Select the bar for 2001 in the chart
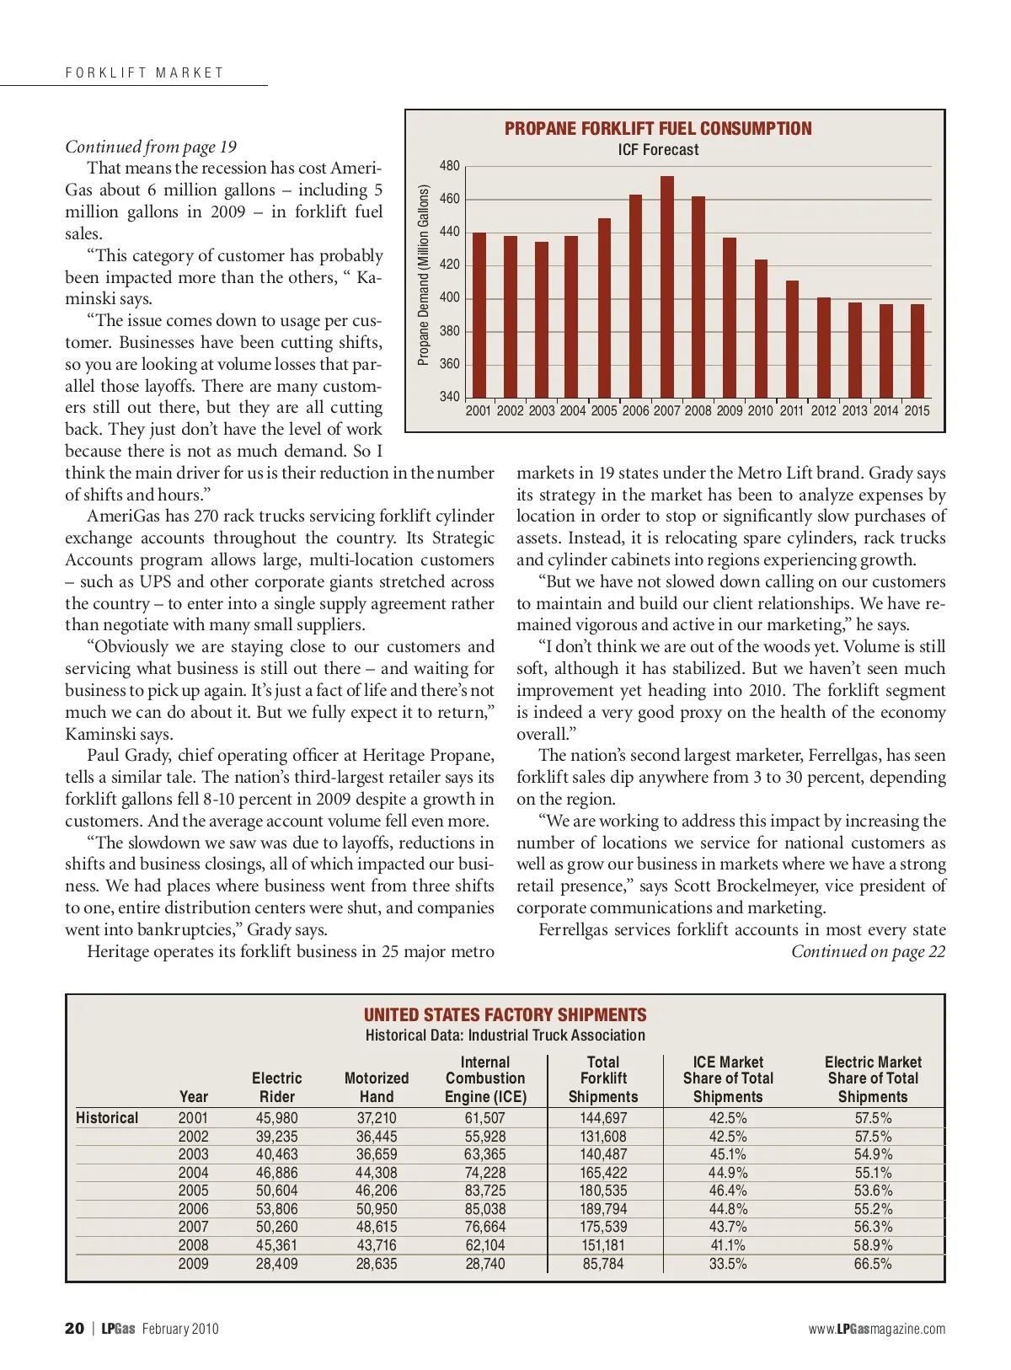point(479,315)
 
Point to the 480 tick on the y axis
point(450,166)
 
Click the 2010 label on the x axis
point(760,411)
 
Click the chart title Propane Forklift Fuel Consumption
point(658,129)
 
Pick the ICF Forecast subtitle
point(658,150)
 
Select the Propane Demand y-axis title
point(424,276)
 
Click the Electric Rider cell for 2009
point(276,1264)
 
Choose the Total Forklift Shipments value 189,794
point(603,1209)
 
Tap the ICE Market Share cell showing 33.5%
point(728,1264)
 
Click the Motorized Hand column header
point(377,1087)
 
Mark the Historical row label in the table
point(107,1118)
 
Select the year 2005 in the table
point(193,1191)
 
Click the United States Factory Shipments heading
point(505,1015)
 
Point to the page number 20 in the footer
point(74,1329)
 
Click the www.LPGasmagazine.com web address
point(876,1330)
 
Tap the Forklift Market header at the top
point(145,73)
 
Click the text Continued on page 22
point(868,952)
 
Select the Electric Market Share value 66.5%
point(873,1264)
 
